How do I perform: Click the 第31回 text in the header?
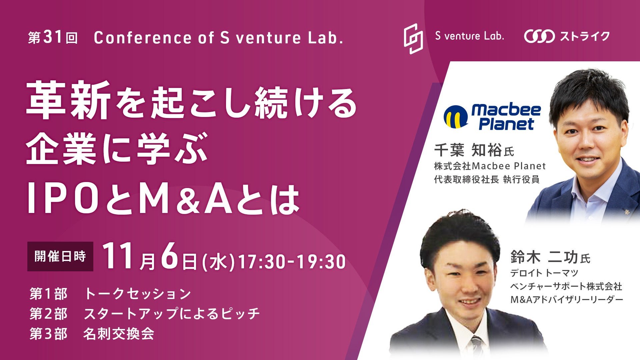(x=53, y=38)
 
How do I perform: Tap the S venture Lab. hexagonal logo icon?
(x=413, y=38)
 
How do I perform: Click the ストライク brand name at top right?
(x=585, y=36)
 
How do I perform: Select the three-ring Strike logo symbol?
(x=539, y=36)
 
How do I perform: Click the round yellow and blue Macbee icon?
(x=456, y=116)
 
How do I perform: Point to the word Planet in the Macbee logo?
(x=506, y=124)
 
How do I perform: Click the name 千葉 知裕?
(x=468, y=150)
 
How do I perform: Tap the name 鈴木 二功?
(x=544, y=257)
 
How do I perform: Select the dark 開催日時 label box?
(x=60, y=256)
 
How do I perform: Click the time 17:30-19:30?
(x=292, y=262)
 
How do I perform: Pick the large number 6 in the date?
(x=170, y=257)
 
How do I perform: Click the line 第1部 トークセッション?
(x=110, y=294)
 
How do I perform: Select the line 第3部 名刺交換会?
(x=92, y=334)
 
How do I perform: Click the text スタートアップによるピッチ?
(x=171, y=314)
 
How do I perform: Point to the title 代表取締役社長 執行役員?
(x=487, y=179)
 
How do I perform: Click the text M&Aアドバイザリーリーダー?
(x=567, y=299)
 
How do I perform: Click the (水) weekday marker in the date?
(x=218, y=262)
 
